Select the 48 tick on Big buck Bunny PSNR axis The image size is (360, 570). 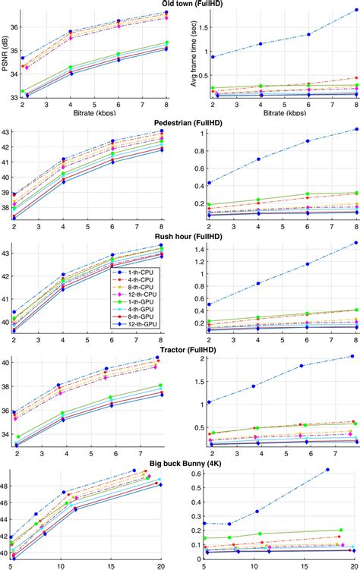(12, 486)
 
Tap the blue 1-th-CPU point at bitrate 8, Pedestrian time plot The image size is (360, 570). (355, 129)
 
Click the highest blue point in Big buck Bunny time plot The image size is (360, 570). (327, 470)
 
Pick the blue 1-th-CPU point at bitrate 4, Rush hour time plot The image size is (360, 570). (259, 283)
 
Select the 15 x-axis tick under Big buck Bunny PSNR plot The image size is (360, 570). (111, 565)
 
